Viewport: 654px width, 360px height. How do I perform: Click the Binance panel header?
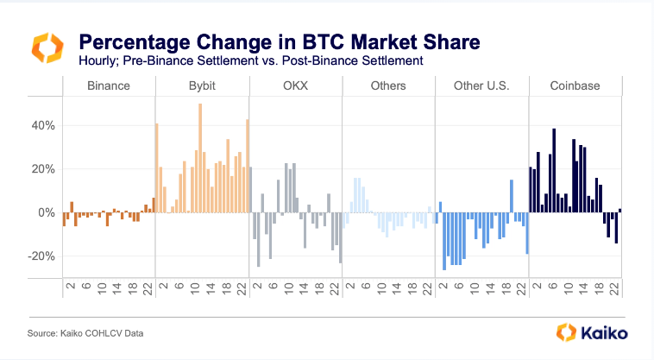[x=109, y=86]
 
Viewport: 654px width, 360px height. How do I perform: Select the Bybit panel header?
[x=202, y=86]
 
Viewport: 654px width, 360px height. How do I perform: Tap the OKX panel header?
[x=295, y=86]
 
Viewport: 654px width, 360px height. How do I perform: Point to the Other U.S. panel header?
[x=481, y=86]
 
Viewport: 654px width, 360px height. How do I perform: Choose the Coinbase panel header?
[x=575, y=86]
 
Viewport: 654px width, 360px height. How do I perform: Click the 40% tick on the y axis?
[x=44, y=125]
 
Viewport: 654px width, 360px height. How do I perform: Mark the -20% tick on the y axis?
[x=42, y=256]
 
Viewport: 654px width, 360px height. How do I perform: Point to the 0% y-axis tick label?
[x=47, y=212]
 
